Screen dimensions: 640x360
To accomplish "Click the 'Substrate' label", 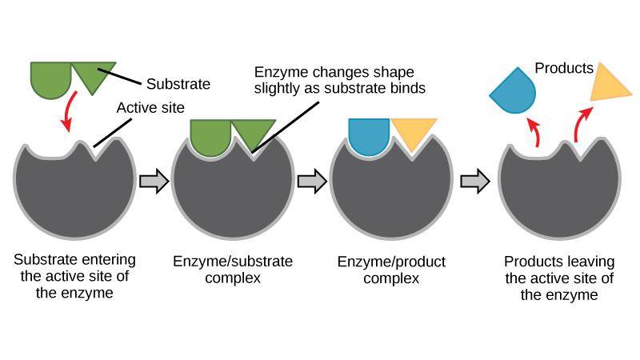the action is [178, 84].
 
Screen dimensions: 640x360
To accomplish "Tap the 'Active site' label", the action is [150, 108].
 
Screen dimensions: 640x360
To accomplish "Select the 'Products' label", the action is [564, 68].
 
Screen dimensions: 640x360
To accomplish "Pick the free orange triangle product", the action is [608, 86].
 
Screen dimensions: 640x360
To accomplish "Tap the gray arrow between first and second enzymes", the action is [154, 181].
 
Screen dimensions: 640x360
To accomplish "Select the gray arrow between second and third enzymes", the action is [312, 181].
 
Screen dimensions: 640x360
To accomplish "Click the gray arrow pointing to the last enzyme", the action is [475, 181].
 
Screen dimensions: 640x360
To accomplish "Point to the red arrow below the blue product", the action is [534, 131].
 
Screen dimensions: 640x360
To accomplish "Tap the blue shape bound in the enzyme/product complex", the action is [369, 135].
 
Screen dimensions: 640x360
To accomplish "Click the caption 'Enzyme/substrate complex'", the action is [233, 270].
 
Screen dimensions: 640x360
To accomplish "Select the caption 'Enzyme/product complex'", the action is [391, 270].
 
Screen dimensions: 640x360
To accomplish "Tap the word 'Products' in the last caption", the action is [530, 262].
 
